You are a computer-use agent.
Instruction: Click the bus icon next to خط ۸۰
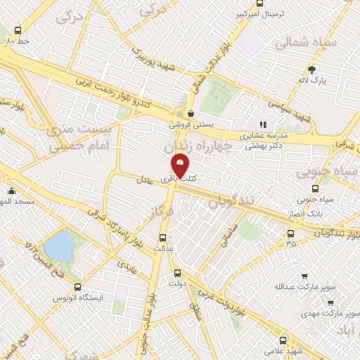[18, 31]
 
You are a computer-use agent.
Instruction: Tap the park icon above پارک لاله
[312, 70]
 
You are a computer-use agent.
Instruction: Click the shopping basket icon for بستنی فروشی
[191, 112]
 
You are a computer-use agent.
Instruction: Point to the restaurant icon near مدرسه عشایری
[264, 124]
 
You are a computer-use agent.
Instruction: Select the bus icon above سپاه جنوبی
[315, 189]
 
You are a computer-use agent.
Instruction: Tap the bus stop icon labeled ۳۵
[290, 233]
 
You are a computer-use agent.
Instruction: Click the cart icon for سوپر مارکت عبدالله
[304, 276]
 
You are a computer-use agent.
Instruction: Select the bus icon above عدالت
[164, 238]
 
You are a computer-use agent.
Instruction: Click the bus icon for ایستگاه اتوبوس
[78, 287]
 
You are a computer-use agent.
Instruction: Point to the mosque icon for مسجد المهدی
[12, 191]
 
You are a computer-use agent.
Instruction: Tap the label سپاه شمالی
[306, 42]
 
